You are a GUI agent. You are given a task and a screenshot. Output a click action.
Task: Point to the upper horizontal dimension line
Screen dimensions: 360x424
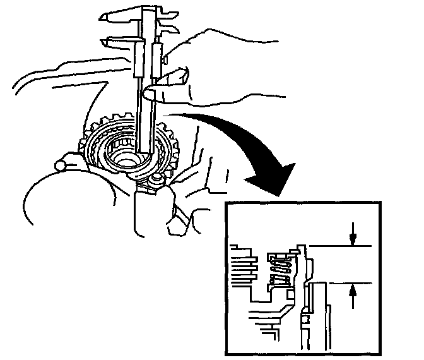(341, 244)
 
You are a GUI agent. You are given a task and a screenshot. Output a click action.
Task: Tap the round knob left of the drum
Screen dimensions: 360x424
(61, 165)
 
